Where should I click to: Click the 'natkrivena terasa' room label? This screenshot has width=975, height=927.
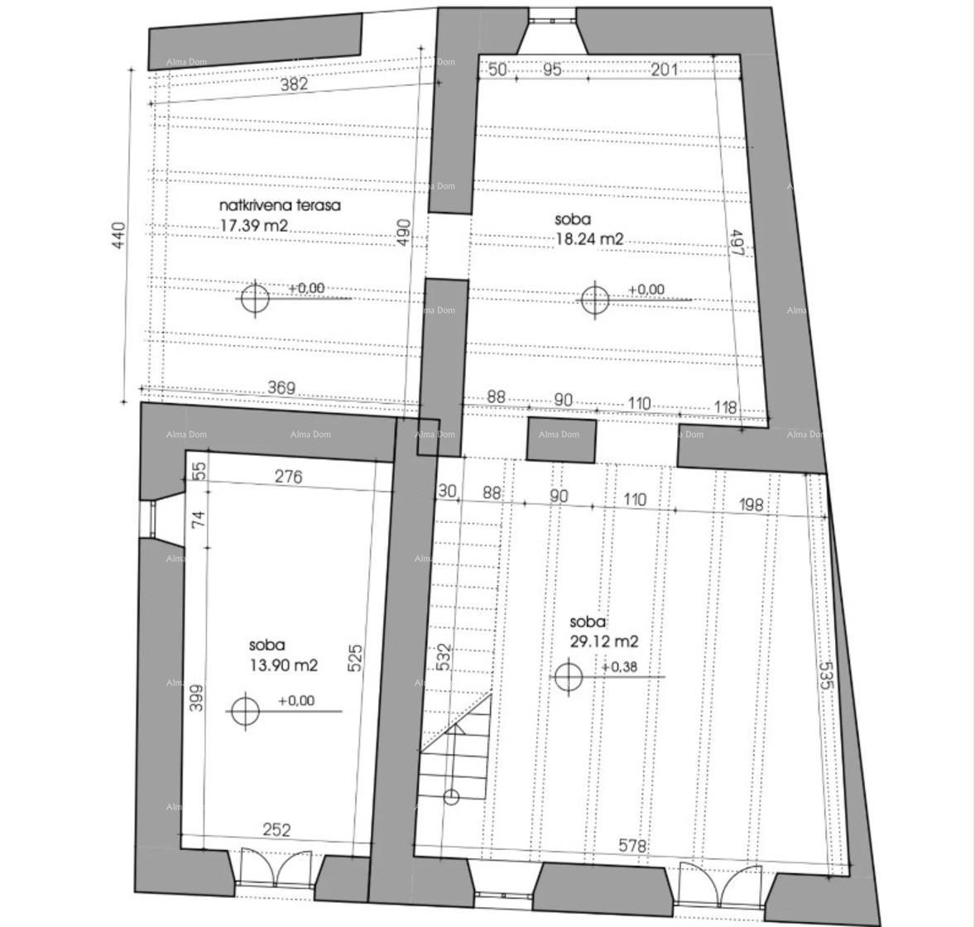[280, 205]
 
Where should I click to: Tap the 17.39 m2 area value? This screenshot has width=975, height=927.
[254, 225]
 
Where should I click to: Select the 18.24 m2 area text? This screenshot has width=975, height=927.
[589, 239]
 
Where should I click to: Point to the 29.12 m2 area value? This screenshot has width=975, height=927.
[603, 641]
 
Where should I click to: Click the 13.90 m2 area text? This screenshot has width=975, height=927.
[284, 665]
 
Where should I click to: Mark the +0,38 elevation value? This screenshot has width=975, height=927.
[619, 667]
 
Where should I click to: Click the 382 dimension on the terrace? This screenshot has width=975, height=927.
[294, 84]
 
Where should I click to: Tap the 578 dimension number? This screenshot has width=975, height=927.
[633, 846]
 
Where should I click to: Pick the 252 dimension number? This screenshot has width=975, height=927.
[276, 829]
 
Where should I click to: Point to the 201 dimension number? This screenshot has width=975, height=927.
[664, 70]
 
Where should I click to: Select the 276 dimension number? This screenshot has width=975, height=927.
[287, 477]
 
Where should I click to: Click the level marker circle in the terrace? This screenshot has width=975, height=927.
[255, 298]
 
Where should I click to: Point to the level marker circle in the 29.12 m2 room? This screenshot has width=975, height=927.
[568, 677]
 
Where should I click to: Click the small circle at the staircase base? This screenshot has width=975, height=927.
[451, 797]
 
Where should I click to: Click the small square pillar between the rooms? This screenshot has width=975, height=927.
[561, 439]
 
